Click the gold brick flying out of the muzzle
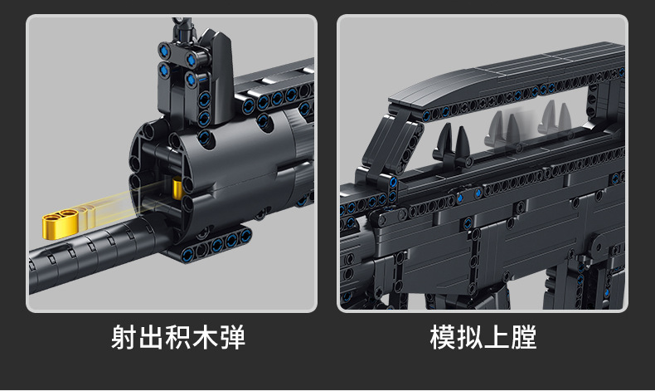[63, 222]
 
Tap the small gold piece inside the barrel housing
[177, 190]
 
